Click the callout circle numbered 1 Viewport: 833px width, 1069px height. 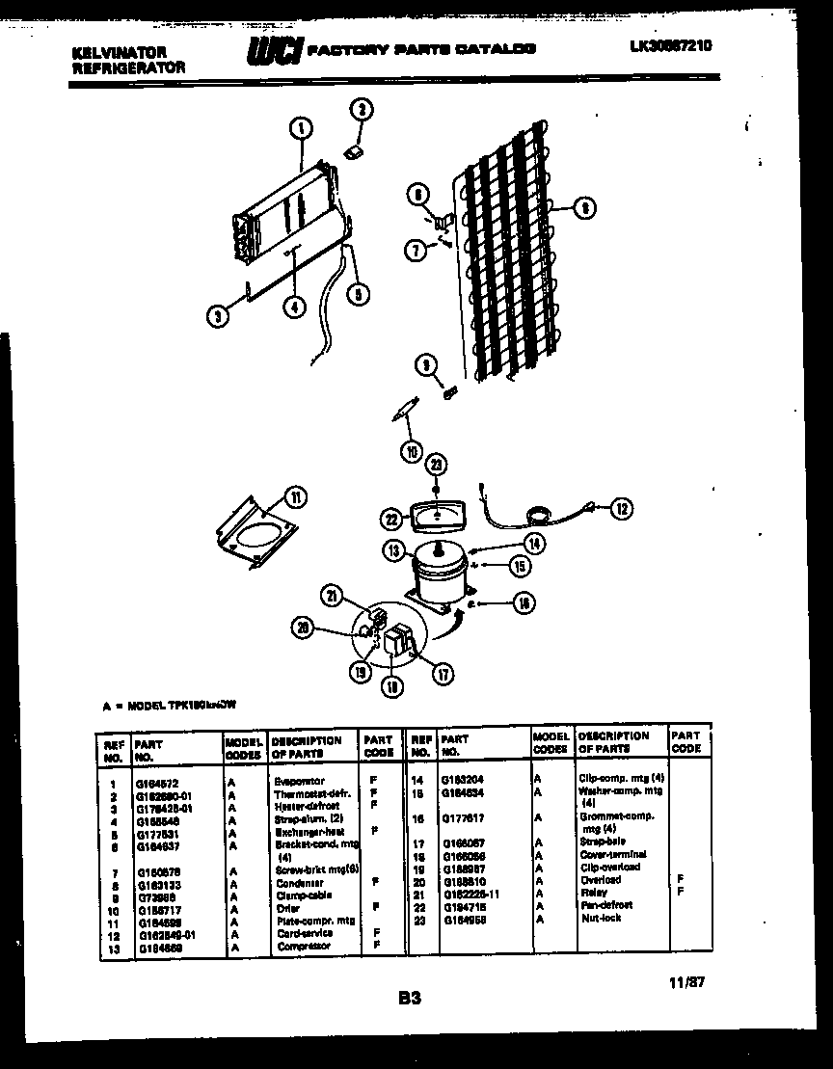click(301, 127)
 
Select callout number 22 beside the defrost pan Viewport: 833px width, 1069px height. click(391, 519)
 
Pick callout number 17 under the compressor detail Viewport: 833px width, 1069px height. click(443, 674)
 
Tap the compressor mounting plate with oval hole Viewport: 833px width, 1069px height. click(253, 536)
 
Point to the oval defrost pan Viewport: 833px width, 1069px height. click(436, 517)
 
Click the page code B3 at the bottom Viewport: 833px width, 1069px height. click(410, 999)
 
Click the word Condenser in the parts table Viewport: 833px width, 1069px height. click(298, 883)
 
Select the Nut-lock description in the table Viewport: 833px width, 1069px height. click(602, 918)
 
